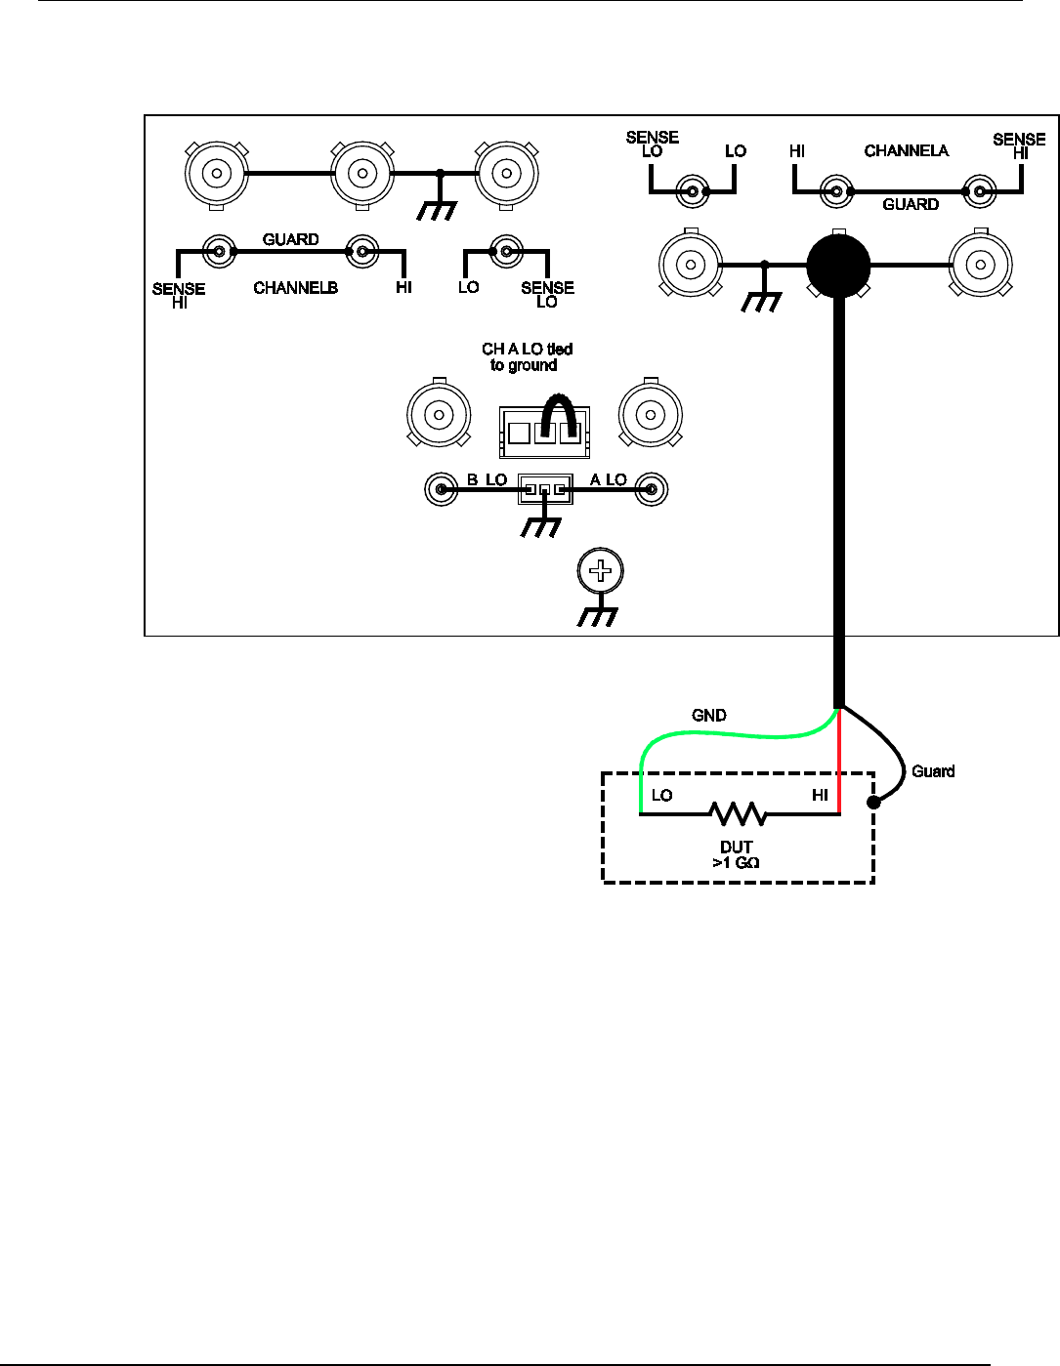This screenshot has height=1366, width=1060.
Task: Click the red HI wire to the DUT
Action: [x=839, y=762]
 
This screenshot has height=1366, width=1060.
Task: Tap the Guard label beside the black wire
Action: [x=933, y=771]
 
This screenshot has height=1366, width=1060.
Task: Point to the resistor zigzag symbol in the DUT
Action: [x=738, y=813]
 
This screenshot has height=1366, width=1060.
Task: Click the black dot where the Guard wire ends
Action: [x=873, y=803]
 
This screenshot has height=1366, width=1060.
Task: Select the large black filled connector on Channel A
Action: [x=838, y=266]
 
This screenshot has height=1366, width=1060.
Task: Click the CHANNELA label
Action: [x=906, y=150]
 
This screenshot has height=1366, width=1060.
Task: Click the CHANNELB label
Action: [x=295, y=288]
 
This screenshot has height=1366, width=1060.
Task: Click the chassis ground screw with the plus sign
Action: [x=600, y=571]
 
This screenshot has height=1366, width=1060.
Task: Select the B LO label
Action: [x=487, y=479]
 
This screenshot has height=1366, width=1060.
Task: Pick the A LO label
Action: [x=608, y=479]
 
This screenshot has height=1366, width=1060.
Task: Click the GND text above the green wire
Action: [x=708, y=716]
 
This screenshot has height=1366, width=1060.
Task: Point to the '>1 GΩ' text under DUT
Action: [x=737, y=862]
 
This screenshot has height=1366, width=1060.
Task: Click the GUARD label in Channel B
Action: [x=290, y=239]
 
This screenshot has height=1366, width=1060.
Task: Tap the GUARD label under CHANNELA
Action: [x=911, y=204]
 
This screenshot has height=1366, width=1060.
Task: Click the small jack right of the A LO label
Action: [x=651, y=488]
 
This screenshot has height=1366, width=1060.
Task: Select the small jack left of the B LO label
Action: [x=442, y=488]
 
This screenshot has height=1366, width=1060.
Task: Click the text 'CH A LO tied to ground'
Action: [x=526, y=356]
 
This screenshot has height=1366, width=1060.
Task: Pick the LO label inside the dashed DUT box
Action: [x=661, y=795]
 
